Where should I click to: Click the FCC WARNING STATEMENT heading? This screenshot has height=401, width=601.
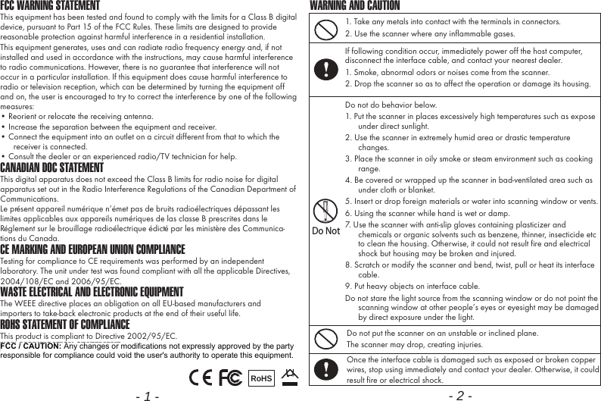click(x=50, y=6)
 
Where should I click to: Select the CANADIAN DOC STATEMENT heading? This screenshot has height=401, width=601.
click(x=52, y=167)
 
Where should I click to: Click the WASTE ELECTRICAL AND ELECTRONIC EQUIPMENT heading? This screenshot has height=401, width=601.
click(x=92, y=292)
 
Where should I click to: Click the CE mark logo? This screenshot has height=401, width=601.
click(x=201, y=377)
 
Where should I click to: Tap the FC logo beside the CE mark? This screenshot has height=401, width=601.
click(x=230, y=377)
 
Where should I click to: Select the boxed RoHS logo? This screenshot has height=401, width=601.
click(x=260, y=378)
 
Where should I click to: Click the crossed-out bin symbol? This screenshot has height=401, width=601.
click(x=288, y=376)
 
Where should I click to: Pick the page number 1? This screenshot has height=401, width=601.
click(x=147, y=395)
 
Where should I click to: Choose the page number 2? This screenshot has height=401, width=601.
click(x=459, y=395)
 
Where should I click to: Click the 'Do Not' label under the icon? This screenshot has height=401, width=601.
click(x=325, y=231)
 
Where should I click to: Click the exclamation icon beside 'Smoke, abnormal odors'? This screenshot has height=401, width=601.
click(x=325, y=68)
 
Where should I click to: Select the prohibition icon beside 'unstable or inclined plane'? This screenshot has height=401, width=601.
click(x=325, y=338)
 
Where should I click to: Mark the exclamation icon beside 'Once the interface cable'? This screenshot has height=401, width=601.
click(x=325, y=368)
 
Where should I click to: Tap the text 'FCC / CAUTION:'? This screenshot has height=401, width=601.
click(x=31, y=346)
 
